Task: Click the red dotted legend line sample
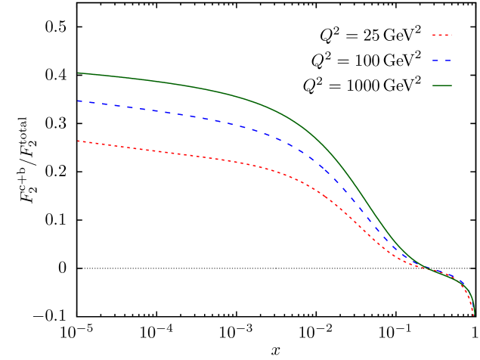pos(441,35)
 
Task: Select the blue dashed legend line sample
pos(441,61)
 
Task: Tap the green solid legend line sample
pos(441,85)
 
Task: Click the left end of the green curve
pos(79,73)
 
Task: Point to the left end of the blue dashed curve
pos(79,101)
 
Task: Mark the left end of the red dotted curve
pos(79,141)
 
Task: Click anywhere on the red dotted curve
pos(227,160)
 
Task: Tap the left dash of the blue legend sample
pos(435,61)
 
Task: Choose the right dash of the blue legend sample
pos(447,61)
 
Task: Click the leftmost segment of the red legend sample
pos(434,35)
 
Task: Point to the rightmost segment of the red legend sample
pos(450,35)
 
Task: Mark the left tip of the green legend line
pos(433,85)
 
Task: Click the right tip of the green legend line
pos(451,85)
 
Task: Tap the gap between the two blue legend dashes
pos(441,61)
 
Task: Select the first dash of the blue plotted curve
pos(82,101)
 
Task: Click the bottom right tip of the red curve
pos(474,315)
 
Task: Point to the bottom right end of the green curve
pos(474,306)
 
